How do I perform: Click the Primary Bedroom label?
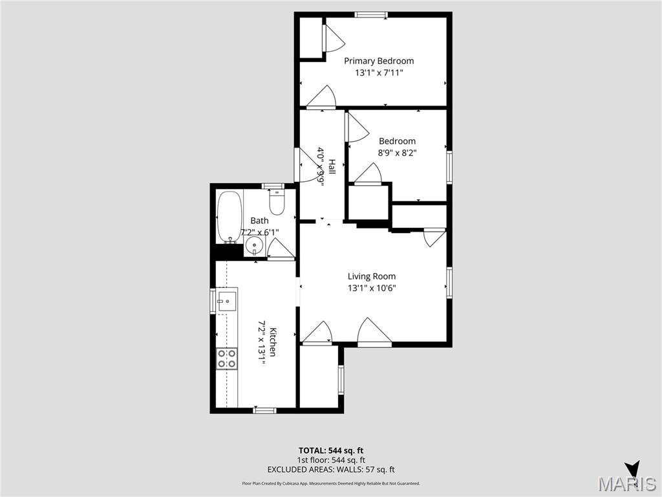(x=379, y=61)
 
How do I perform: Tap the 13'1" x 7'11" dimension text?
(x=379, y=73)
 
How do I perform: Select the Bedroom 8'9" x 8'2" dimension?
(x=397, y=153)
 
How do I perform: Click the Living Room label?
(x=372, y=276)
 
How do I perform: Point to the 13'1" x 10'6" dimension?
(x=372, y=288)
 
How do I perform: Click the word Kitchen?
(x=273, y=342)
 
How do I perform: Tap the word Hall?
(x=332, y=167)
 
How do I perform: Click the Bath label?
(x=259, y=221)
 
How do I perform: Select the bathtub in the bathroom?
(x=229, y=215)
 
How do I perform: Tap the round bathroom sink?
(x=255, y=246)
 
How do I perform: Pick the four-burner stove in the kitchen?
(x=227, y=359)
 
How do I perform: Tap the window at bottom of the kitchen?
(x=264, y=410)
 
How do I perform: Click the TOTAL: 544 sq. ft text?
(x=336, y=450)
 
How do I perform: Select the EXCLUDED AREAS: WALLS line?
(x=331, y=470)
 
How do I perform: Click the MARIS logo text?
(x=628, y=484)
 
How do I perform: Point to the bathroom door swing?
(x=281, y=249)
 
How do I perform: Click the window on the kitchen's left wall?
(x=213, y=302)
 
